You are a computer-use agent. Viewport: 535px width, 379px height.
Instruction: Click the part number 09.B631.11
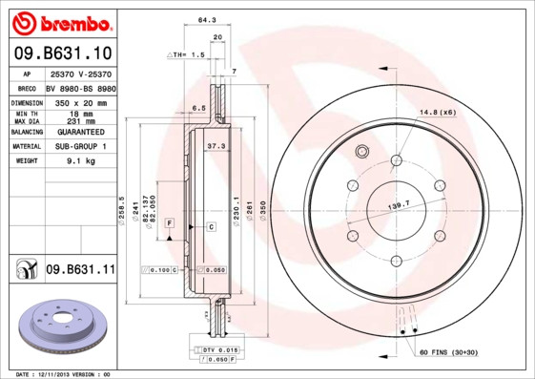(x=80, y=271)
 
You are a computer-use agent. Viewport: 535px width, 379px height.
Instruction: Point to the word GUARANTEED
(x=79, y=131)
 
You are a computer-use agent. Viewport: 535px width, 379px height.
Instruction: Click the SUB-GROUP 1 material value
(x=79, y=146)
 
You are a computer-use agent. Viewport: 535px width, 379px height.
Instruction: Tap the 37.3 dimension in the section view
(x=216, y=146)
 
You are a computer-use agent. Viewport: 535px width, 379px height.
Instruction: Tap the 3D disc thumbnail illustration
(x=61, y=327)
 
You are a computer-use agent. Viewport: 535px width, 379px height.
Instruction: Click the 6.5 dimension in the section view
(x=198, y=109)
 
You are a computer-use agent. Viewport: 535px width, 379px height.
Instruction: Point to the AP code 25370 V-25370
(x=79, y=74)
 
